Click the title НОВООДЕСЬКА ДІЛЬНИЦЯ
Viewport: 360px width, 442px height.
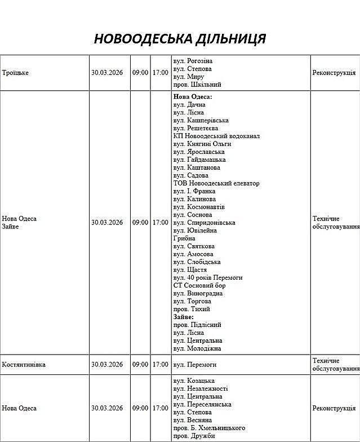click(180, 39)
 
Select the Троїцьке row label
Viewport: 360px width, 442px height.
click(16, 73)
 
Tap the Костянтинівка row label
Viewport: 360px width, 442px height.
click(24, 365)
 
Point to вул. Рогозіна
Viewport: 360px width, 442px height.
click(193, 61)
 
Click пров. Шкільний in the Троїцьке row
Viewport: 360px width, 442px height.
click(197, 85)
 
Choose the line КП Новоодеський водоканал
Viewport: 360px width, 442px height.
click(216, 136)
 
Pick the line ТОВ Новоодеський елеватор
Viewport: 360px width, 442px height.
click(216, 183)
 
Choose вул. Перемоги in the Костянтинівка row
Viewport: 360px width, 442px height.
click(195, 365)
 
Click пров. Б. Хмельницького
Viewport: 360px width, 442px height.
click(209, 428)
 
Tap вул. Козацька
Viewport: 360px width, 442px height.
click(194, 381)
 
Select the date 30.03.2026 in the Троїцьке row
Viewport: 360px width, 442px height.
click(107, 73)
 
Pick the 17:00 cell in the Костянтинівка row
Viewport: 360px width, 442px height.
click(160, 365)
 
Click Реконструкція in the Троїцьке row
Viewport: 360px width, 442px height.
click(334, 73)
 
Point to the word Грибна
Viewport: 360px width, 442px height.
click(184, 238)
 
